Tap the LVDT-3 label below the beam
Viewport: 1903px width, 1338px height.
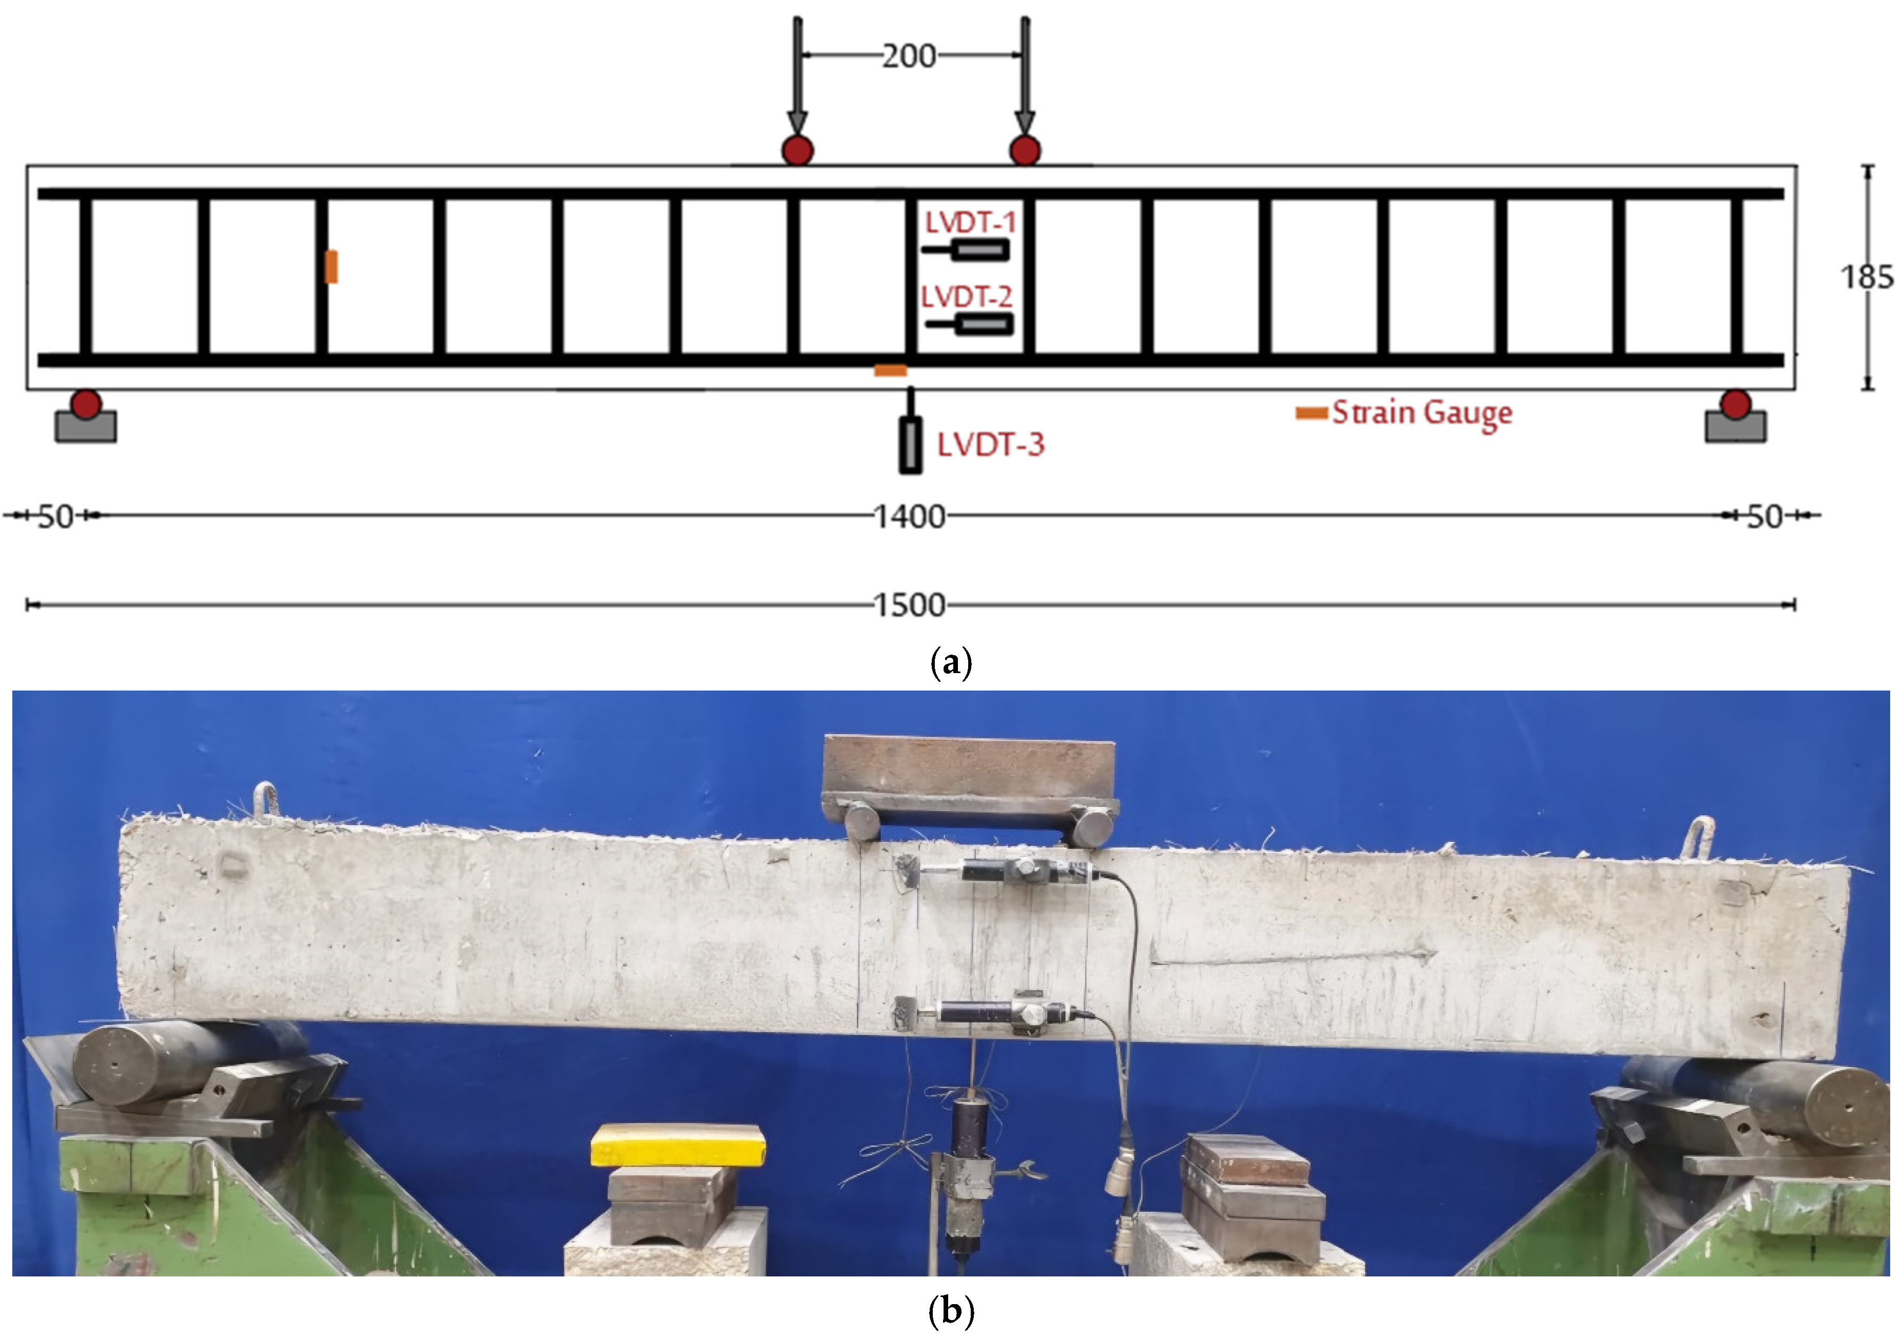coord(990,445)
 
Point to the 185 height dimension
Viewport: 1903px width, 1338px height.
coord(1867,277)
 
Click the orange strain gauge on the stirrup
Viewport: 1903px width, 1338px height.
coord(331,266)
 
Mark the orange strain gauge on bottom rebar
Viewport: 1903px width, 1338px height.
coord(890,370)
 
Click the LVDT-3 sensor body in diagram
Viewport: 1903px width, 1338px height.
coord(910,445)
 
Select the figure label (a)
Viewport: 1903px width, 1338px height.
coord(951,663)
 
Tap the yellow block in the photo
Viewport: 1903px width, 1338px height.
coord(677,1145)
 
